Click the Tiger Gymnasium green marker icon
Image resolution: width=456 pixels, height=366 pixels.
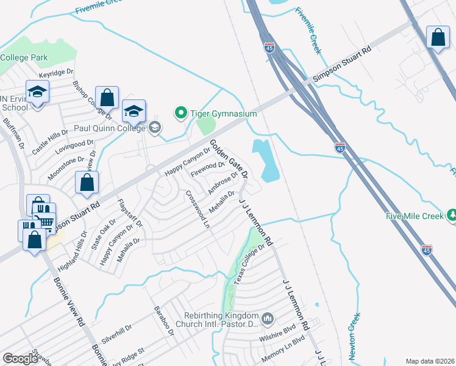(180, 113)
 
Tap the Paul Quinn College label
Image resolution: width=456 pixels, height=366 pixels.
(110, 128)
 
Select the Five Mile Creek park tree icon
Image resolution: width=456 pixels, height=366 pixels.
(452, 215)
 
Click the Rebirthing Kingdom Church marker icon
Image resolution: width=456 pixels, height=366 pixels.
(268, 319)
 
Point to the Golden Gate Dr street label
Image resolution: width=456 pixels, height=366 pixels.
(229, 158)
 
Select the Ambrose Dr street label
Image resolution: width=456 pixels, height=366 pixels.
(223, 182)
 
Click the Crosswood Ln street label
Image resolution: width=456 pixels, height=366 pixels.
(198, 207)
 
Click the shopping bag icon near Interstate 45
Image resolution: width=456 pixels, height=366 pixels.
(438, 38)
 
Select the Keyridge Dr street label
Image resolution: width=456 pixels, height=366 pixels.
(52, 74)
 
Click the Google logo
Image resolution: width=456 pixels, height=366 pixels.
(20, 359)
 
